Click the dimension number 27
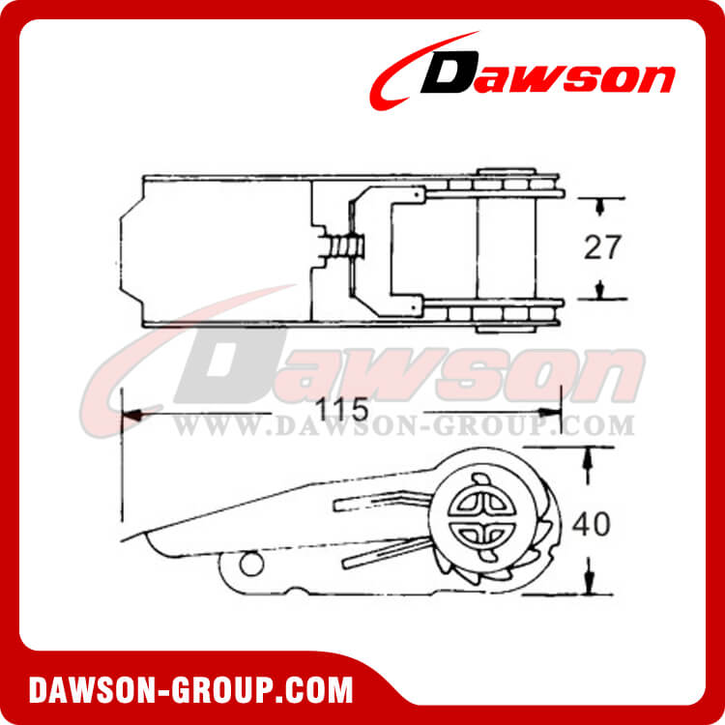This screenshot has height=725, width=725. [602, 247]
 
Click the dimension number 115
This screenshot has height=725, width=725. [341, 409]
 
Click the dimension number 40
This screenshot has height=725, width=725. [592, 524]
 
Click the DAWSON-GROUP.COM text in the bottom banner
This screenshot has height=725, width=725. [191, 690]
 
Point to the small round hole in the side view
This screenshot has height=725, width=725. [251, 564]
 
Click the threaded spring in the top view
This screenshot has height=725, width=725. [344, 246]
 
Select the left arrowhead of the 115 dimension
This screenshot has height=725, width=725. [131, 415]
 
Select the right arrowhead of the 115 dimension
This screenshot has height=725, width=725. [550, 412]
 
